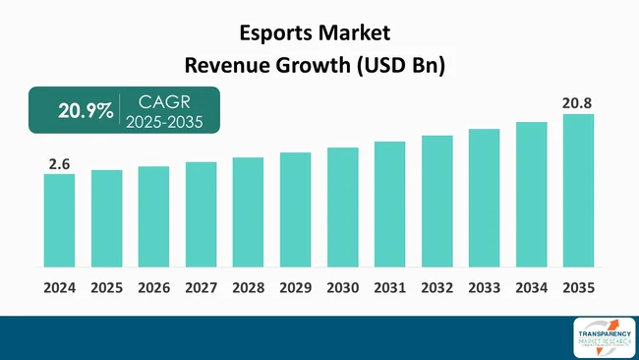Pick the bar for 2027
click(201, 213)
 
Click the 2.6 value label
click(58, 164)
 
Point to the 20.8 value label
click(577, 102)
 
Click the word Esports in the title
click(277, 33)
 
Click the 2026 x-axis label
click(153, 288)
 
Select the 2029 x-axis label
click(295, 288)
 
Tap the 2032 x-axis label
click(436, 288)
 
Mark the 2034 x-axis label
click(531, 288)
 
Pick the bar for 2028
click(248, 211)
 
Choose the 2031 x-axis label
click(389, 288)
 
